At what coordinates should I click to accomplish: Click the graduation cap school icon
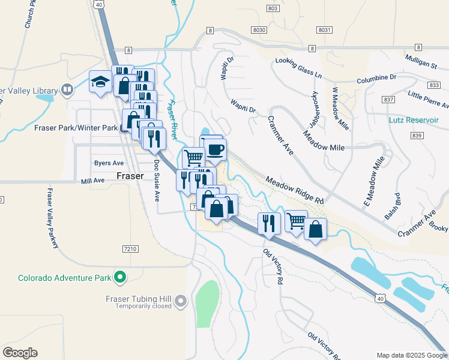[100, 82]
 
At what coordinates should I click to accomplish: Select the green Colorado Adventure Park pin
[120, 277]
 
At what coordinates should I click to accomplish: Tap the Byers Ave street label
[109, 163]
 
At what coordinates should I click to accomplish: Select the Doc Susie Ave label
[157, 179]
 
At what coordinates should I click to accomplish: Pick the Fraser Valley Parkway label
[52, 219]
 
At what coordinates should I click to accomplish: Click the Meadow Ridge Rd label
[295, 190]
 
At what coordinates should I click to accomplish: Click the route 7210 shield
[130, 248]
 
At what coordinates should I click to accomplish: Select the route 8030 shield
[259, 29]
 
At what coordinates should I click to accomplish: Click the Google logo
[20, 353]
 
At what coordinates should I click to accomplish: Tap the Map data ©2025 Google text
[411, 355]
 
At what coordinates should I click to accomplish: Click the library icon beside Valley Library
[67, 91]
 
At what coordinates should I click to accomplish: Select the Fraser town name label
[130, 176]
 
